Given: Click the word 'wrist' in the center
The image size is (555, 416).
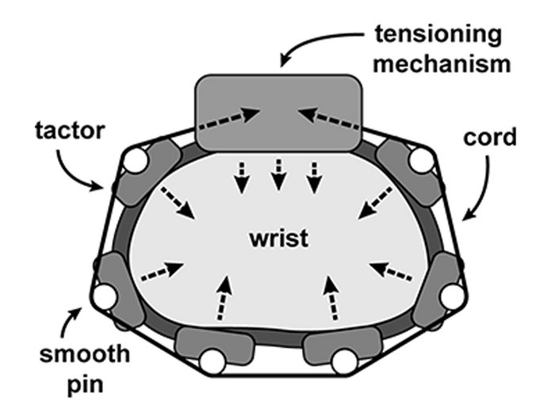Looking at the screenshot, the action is click(x=279, y=238).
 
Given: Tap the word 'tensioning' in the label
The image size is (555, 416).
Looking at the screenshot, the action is click(x=438, y=34).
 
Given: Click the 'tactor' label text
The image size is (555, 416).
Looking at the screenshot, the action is click(x=70, y=130).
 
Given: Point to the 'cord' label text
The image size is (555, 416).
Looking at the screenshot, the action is click(x=490, y=137).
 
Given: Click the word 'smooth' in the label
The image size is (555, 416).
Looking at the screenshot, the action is click(x=85, y=353).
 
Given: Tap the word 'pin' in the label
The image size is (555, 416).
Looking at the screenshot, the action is click(x=86, y=384).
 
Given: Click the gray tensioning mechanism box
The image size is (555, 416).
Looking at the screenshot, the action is click(x=279, y=113).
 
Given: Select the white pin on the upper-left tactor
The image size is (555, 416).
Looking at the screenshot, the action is click(x=136, y=160).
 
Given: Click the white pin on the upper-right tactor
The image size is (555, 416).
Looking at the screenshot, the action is click(x=422, y=160).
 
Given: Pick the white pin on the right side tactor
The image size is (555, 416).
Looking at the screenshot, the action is click(x=452, y=296).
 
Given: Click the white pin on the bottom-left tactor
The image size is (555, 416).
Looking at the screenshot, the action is click(x=212, y=361).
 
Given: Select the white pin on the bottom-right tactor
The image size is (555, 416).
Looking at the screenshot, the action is click(x=344, y=361).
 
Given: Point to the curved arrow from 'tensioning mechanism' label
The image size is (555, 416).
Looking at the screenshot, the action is click(x=312, y=40).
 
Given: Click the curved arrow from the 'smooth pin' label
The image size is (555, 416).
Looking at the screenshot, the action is click(x=67, y=322).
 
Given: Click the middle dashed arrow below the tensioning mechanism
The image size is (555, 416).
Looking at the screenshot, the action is click(x=278, y=175).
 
